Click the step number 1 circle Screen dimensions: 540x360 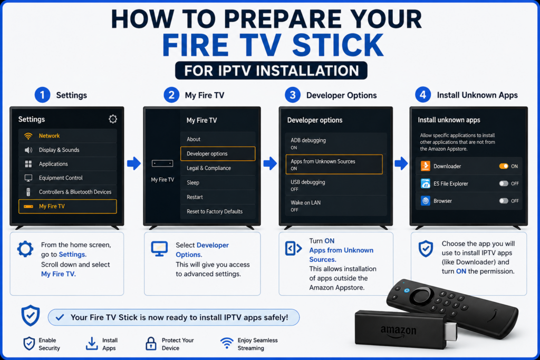[42, 95]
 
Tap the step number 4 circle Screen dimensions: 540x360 [423, 95]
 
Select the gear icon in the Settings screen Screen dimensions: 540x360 [113, 119]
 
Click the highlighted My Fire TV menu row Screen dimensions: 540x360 [67, 206]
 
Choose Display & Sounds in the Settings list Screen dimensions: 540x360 [59, 150]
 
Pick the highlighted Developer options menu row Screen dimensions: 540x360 [218, 153]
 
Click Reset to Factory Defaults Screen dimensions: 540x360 [215, 211]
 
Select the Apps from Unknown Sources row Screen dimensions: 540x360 [334, 164]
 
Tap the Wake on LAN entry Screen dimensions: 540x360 [334, 206]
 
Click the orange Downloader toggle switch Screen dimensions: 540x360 [504, 166]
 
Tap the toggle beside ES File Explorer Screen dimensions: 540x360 [504, 183]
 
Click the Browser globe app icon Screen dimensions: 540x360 [426, 201]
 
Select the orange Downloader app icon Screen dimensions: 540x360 [426, 166]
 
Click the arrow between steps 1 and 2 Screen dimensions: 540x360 [133, 163]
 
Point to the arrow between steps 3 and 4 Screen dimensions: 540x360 [401, 163]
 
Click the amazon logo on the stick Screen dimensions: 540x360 [399, 331]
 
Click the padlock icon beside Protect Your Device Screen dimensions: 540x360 [151, 344]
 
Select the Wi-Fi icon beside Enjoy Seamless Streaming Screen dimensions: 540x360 [227, 343]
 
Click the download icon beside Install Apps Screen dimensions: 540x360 [92, 344]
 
